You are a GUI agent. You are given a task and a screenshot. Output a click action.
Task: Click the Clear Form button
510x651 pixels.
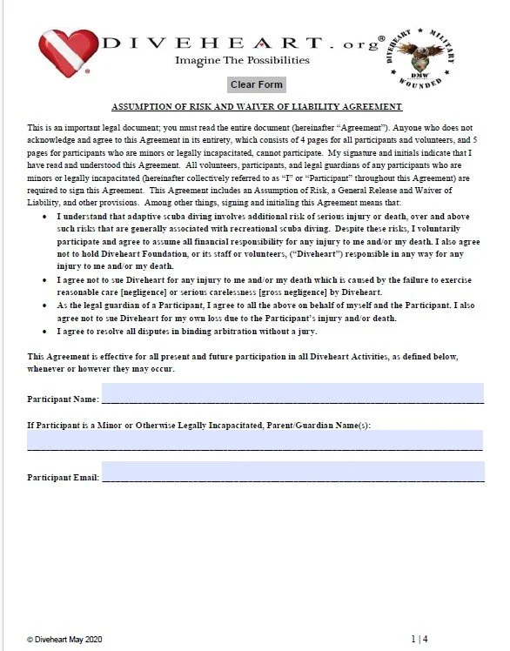[256, 85]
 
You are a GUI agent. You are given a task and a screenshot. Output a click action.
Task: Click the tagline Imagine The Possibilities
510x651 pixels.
[242, 61]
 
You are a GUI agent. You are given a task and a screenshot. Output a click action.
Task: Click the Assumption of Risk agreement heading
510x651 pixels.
[256, 106]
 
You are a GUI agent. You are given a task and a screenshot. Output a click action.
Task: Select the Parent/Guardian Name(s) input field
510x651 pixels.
[255, 440]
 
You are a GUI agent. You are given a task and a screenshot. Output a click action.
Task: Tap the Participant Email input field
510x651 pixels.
[292, 473]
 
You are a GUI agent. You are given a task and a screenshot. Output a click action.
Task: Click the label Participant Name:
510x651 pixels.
[63, 399]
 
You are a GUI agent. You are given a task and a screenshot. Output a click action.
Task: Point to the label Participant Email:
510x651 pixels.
[63, 478]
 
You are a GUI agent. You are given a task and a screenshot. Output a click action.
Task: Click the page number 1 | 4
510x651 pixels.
[419, 639]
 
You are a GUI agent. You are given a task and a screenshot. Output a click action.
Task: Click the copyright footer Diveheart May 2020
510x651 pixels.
[65, 639]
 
